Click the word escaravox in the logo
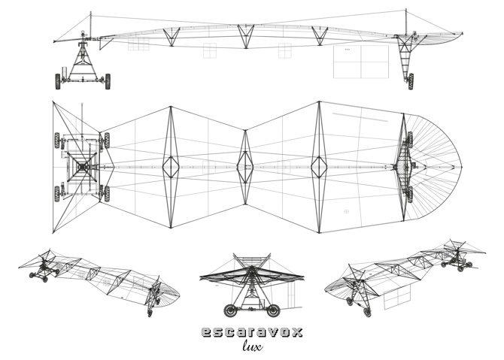pos(252,331)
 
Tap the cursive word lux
pos(252,346)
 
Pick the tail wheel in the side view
pos(410,80)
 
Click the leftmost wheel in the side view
pos(59,81)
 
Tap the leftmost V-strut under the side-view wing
pos(172,35)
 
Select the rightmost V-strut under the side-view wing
pos(319,35)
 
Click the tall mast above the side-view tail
pos(405,23)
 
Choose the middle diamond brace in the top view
pos(245,166)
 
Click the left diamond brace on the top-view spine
pos(172,166)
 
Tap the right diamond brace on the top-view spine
pos(319,166)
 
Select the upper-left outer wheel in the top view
pos(57,140)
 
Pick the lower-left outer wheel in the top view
pos(57,193)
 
